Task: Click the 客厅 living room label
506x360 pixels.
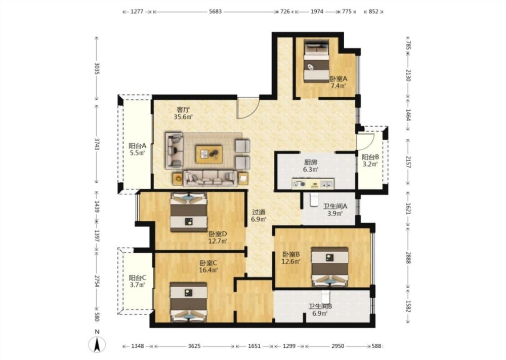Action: (183, 109)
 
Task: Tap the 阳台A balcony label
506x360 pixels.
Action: (138, 146)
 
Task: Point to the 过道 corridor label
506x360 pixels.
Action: (259, 212)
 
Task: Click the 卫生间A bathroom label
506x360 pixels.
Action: (335, 206)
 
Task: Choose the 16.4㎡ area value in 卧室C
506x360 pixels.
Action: (208, 270)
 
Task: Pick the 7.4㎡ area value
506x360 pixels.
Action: (338, 86)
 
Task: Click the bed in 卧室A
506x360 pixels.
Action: (316, 61)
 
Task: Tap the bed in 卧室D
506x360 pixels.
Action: (189, 212)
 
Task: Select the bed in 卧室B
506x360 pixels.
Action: (330, 267)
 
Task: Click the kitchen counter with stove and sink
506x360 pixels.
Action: (313, 184)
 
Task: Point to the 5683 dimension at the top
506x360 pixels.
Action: (215, 12)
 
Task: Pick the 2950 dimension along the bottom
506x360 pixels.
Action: (338, 346)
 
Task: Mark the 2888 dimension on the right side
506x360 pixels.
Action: (408, 258)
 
